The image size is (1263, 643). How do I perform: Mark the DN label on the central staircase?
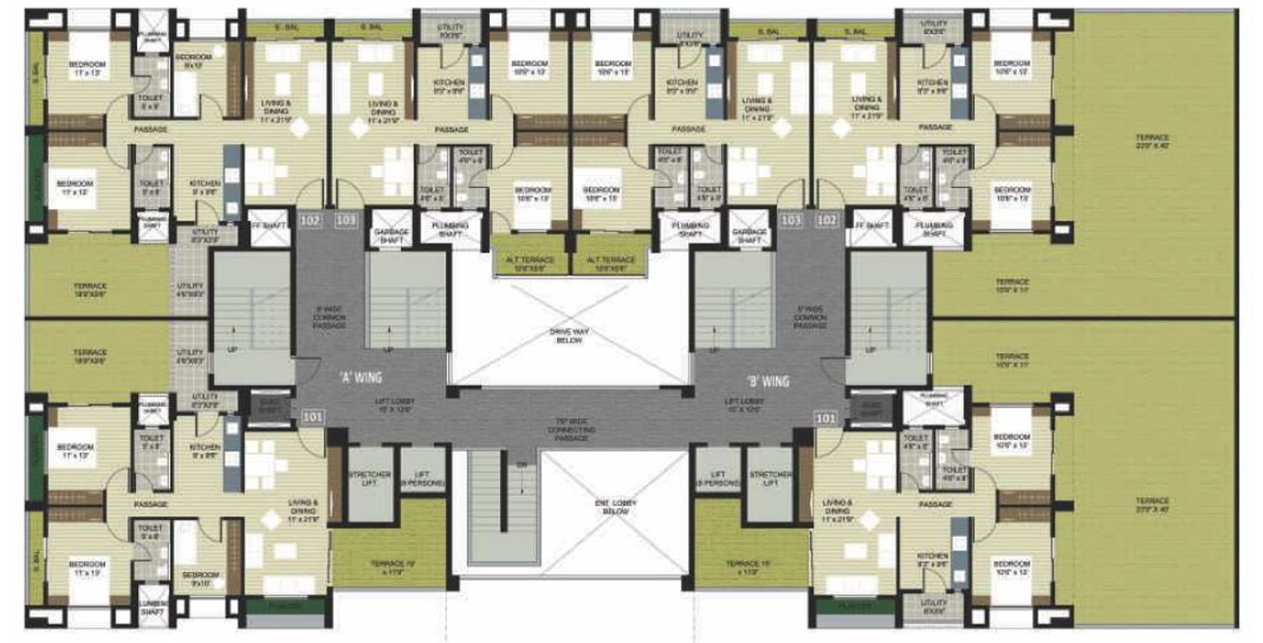[x=519, y=465]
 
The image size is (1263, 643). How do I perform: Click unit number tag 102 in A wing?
[x=309, y=221]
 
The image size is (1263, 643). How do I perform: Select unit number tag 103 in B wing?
[x=791, y=219]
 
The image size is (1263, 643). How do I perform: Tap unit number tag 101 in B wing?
[x=824, y=416]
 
